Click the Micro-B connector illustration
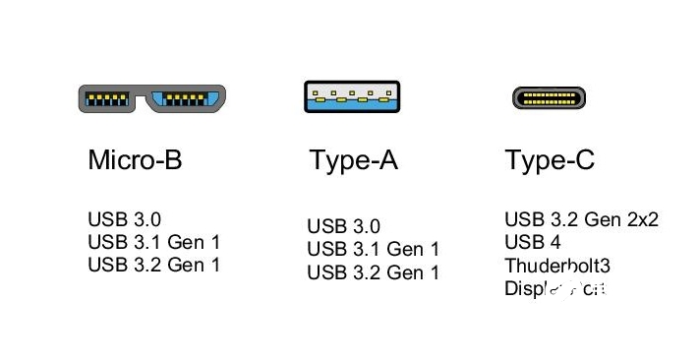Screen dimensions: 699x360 [x=152, y=98]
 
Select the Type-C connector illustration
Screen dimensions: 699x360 [x=549, y=98]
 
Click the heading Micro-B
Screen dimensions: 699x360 [x=135, y=160]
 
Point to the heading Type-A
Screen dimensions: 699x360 [x=354, y=160]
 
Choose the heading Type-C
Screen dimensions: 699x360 [x=550, y=160]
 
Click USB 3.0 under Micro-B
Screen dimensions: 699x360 [x=124, y=218]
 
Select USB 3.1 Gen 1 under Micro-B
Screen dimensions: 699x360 [x=154, y=242]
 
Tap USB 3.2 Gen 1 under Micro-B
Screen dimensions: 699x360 [x=154, y=265]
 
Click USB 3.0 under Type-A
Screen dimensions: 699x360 [x=343, y=227]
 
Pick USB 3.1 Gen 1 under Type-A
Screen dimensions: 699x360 [x=374, y=250]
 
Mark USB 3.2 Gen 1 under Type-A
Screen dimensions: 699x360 [x=374, y=273]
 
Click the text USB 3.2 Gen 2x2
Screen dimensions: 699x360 [x=581, y=219]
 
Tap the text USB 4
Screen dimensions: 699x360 [x=532, y=242]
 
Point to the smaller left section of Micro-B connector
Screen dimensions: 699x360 [x=110, y=98]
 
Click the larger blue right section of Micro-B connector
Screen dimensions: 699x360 [x=188, y=98]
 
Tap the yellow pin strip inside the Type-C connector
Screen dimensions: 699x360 [x=549, y=98]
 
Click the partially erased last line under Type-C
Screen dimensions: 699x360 [x=556, y=289]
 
